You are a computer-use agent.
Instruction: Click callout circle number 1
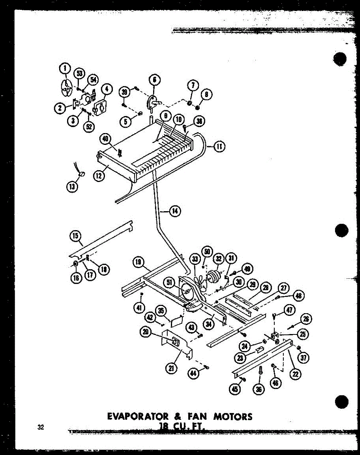click(65, 69)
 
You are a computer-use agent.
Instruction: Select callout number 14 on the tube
click(175, 211)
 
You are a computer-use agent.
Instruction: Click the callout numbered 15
click(75, 236)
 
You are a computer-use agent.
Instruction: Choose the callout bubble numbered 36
click(260, 389)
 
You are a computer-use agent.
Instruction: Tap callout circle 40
click(105, 139)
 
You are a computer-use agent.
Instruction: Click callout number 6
click(155, 80)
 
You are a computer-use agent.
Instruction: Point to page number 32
click(41, 428)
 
